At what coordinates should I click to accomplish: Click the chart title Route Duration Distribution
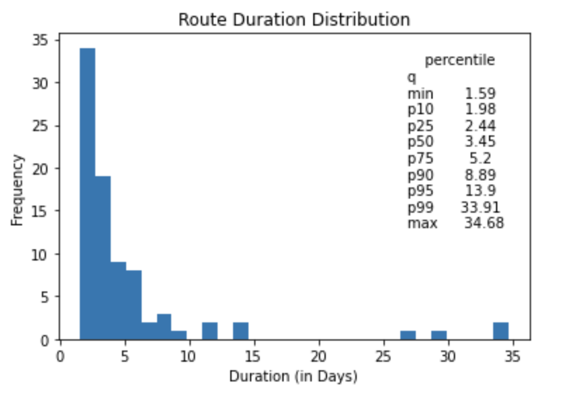[294, 19]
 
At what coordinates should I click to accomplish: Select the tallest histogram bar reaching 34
[88, 194]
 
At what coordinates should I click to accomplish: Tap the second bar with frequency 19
[103, 258]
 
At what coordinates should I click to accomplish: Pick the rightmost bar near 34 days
[501, 331]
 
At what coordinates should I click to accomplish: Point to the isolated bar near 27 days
[408, 335]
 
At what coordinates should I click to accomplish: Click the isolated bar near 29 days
[439, 335]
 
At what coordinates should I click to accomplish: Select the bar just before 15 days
[241, 331]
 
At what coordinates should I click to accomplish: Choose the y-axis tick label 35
[41, 40]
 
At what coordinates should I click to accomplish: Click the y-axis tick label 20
[41, 169]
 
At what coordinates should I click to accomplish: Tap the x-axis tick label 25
[383, 357]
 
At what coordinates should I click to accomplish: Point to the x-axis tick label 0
[60, 357]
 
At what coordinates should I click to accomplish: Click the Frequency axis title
[17, 190]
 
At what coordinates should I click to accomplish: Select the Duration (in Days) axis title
[293, 377]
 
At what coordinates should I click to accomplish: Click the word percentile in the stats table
[460, 60]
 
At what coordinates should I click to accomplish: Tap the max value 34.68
[484, 223]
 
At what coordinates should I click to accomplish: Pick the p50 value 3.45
[480, 141]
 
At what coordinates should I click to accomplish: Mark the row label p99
[420, 207]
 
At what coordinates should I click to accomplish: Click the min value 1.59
[480, 93]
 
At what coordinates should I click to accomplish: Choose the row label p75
[420, 158]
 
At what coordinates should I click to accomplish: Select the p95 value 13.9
[480, 190]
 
